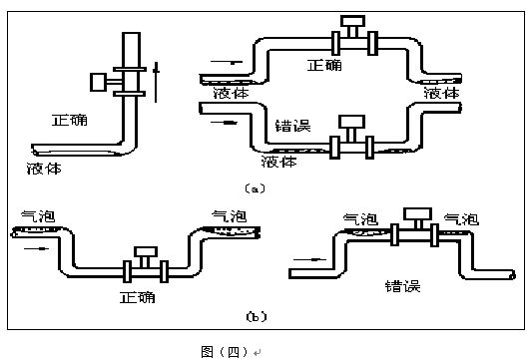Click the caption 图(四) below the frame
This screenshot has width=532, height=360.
(x=225, y=351)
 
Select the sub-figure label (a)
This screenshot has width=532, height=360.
(x=253, y=187)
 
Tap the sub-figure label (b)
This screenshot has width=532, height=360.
(x=256, y=316)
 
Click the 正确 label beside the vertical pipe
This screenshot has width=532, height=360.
(x=70, y=120)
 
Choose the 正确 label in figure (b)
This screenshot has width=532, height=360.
(x=137, y=297)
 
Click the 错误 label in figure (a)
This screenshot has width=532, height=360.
(x=293, y=127)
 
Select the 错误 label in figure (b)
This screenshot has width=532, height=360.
(x=402, y=286)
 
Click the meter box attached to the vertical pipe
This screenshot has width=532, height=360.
(x=100, y=81)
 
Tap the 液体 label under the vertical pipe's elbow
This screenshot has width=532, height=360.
(x=43, y=168)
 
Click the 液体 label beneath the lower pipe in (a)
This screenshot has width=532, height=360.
(x=278, y=160)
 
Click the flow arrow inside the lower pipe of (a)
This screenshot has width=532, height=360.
(x=231, y=125)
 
